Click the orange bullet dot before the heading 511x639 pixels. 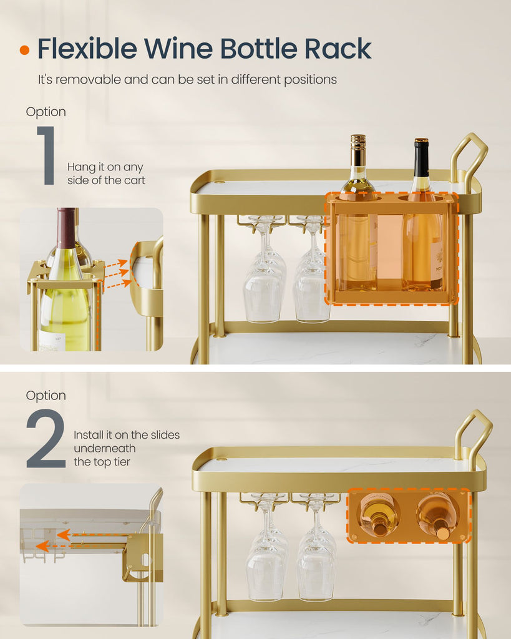click(x=24, y=50)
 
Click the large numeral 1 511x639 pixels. click(x=47, y=155)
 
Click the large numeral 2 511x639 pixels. click(x=46, y=438)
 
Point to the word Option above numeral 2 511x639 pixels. click(x=46, y=395)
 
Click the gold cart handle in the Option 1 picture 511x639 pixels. click(x=469, y=155)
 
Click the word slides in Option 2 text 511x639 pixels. click(x=165, y=435)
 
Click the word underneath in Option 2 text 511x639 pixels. click(x=105, y=448)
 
